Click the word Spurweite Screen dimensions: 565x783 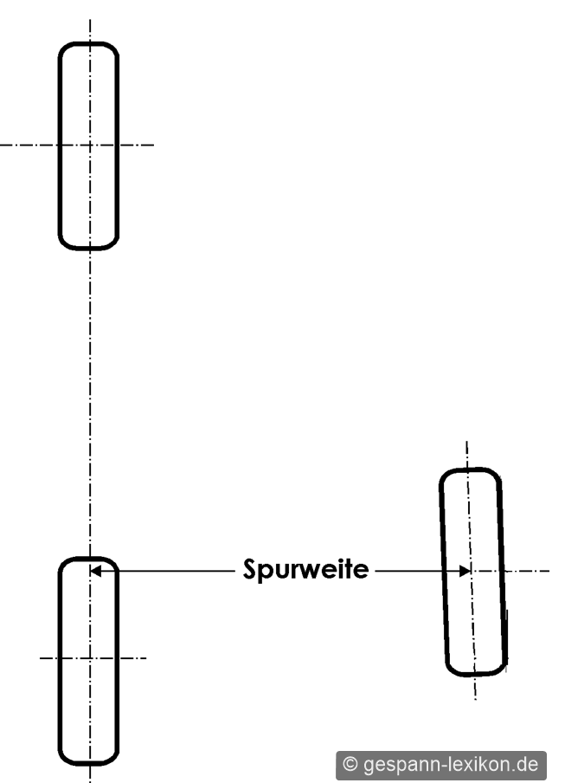tap(305, 569)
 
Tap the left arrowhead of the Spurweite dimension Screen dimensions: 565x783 tap(96, 570)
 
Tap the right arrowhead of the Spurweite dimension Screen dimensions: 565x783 tap(465, 570)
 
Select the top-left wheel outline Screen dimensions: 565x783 tap(60, 146)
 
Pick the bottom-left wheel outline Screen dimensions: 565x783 tap(60, 659)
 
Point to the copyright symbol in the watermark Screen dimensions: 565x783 tap(350, 764)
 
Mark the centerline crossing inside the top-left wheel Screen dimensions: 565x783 tap(90, 145)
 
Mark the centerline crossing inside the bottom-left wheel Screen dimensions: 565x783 tap(90, 658)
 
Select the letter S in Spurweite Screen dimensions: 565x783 tap(249, 569)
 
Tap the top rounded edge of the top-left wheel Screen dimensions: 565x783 tap(89, 43)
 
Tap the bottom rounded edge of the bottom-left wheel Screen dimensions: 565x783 tap(89, 764)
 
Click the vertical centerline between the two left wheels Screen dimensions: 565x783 tap(90, 403)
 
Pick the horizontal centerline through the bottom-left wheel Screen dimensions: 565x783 tap(93, 658)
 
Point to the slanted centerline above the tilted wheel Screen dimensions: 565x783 tap(466, 455)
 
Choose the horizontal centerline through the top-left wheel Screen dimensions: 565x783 tap(77, 145)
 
